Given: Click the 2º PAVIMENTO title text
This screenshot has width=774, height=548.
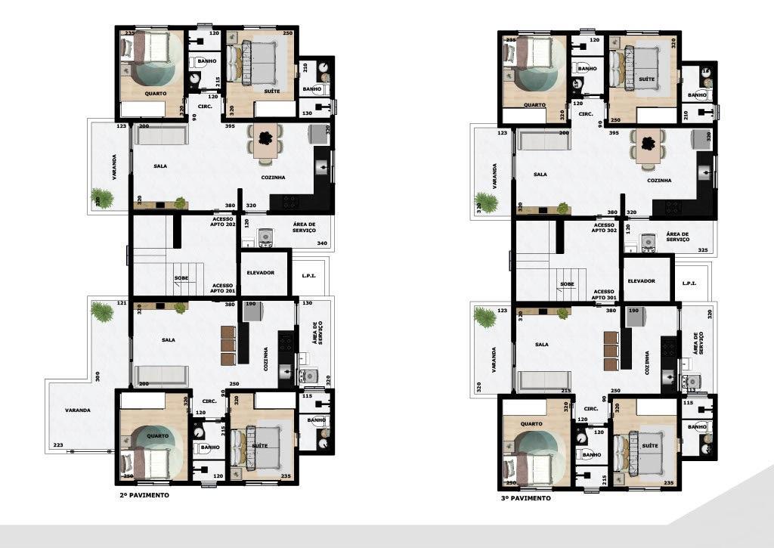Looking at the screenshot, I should pyautogui.click(x=143, y=496).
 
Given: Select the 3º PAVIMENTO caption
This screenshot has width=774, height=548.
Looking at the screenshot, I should pyautogui.click(x=525, y=499).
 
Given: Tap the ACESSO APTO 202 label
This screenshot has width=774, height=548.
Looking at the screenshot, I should pyautogui.click(x=222, y=221).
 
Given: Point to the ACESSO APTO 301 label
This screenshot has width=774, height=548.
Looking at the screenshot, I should pyautogui.click(x=604, y=294).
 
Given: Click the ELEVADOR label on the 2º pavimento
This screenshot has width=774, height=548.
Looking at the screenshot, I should pyautogui.click(x=260, y=273).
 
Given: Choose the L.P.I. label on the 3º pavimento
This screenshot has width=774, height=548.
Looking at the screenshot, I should pyautogui.click(x=689, y=283).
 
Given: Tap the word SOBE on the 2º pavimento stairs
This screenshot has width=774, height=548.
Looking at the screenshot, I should pyautogui.click(x=181, y=278).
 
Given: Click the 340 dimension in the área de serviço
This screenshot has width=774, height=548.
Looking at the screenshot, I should pyautogui.click(x=322, y=243).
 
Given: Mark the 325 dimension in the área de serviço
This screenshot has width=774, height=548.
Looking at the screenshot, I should pyautogui.click(x=703, y=249).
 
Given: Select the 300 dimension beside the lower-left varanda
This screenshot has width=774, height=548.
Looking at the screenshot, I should pyautogui.click(x=98, y=376).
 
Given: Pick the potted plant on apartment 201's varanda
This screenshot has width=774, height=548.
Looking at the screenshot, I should pyautogui.click(x=102, y=311).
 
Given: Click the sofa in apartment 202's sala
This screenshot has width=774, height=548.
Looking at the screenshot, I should pyautogui.click(x=160, y=135).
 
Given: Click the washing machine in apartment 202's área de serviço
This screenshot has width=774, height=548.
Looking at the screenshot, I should pyautogui.click(x=265, y=238).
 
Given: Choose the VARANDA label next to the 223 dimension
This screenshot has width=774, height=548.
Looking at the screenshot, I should pyautogui.click(x=77, y=410).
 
